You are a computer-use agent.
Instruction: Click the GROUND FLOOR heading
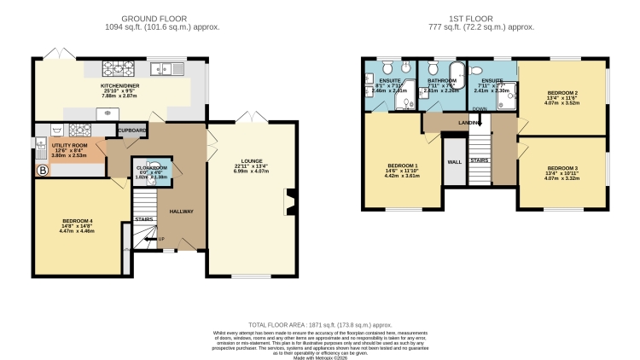[149, 18]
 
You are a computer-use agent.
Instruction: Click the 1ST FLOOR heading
[480, 18]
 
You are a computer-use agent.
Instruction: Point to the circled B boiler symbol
[41, 171]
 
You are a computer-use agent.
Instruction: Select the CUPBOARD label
[132, 131]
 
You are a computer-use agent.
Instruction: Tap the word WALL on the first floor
[454, 160]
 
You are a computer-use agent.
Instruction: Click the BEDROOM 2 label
[562, 92]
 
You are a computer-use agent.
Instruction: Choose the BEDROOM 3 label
[562, 168]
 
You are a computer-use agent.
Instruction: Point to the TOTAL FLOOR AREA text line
[320, 325]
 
